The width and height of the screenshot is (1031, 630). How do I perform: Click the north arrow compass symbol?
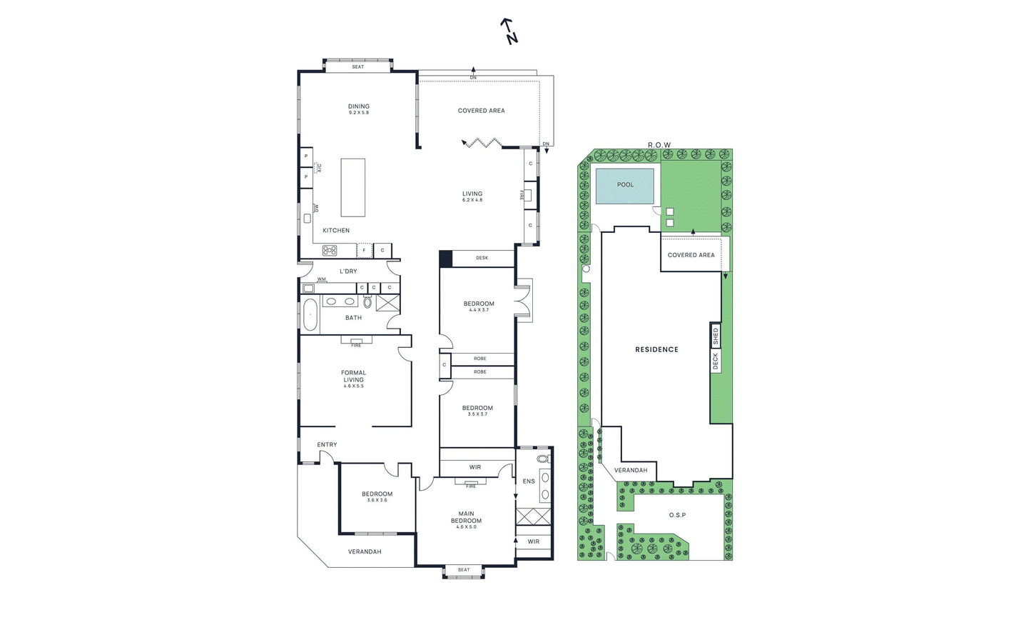pyautogui.click(x=509, y=31)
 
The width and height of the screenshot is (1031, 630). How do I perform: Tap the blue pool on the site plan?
pyautogui.click(x=624, y=186)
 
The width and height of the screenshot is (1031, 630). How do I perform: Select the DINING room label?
pyautogui.click(x=359, y=106)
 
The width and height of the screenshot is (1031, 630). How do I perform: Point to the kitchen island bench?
pyautogui.click(x=353, y=188)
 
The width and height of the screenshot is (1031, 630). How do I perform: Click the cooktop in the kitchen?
pyautogui.click(x=330, y=250)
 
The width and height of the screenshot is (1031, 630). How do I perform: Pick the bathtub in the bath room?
pyautogui.click(x=310, y=315)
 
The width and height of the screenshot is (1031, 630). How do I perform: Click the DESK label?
pyautogui.click(x=482, y=258)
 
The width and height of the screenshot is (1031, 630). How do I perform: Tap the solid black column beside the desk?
pyautogui.click(x=445, y=258)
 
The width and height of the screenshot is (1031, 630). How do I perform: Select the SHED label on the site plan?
pyautogui.click(x=715, y=336)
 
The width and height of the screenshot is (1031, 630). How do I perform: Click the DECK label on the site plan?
pyautogui.click(x=715, y=361)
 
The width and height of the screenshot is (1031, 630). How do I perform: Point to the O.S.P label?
pyautogui.click(x=677, y=515)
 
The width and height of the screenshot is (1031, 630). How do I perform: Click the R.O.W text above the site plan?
pyautogui.click(x=659, y=145)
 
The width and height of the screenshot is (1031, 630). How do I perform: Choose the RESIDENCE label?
pyautogui.click(x=657, y=349)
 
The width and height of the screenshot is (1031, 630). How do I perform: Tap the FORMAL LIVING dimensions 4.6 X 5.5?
pyautogui.click(x=353, y=386)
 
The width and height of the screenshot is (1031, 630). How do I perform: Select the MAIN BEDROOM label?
pyautogui.click(x=466, y=517)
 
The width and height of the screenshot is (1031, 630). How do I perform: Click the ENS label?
pyautogui.click(x=529, y=481)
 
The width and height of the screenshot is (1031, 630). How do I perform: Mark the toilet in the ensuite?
pyautogui.click(x=544, y=459)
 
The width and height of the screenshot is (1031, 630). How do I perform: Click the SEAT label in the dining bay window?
pyautogui.click(x=357, y=67)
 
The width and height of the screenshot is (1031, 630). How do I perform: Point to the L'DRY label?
pyautogui.click(x=348, y=271)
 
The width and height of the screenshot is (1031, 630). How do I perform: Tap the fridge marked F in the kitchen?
pyautogui.click(x=364, y=250)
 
